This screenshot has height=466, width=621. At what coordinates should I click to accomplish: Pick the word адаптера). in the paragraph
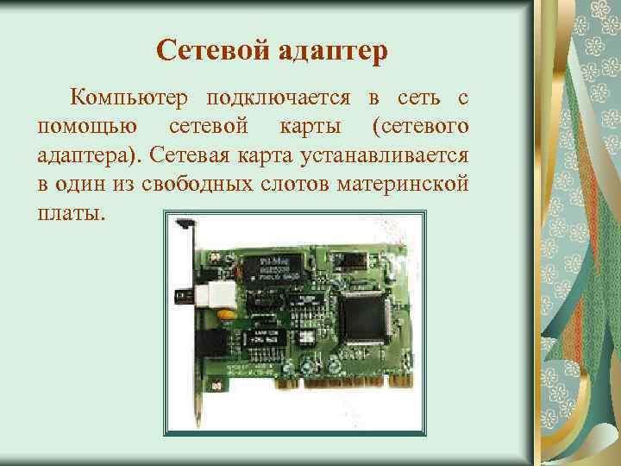(x=90, y=156)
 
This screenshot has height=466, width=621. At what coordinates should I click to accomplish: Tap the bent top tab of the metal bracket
(x=184, y=225)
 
